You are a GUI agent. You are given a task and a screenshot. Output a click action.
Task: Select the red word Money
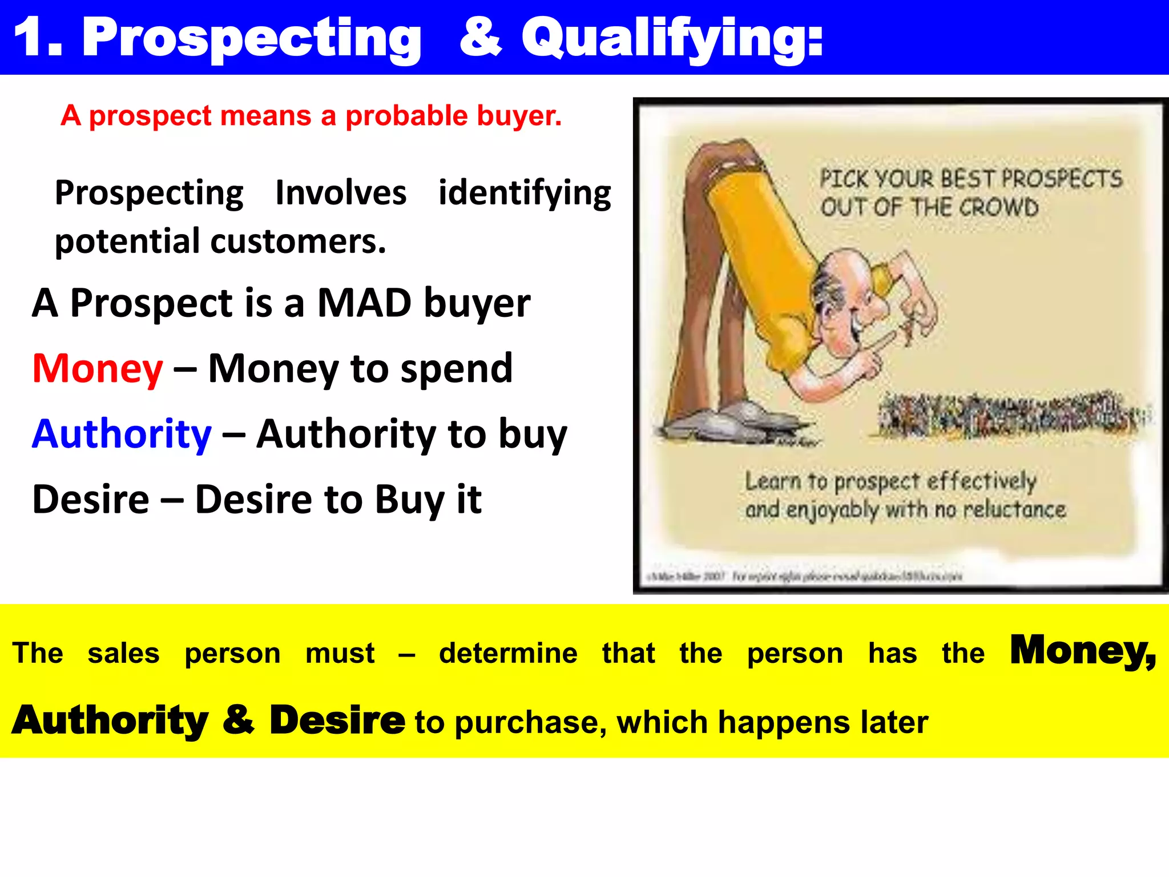point(98,369)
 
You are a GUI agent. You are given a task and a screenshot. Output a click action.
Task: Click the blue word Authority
point(122,435)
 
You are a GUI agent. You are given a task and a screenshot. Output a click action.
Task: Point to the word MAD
point(364,303)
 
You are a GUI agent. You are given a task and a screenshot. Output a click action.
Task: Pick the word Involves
point(341,193)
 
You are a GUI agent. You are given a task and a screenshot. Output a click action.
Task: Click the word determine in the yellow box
point(508,653)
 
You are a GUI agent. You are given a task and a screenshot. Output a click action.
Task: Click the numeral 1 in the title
point(30,37)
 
